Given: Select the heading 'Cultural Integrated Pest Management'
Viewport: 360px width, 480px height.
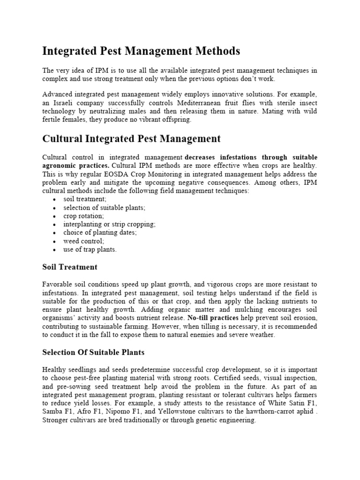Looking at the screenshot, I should (131, 139).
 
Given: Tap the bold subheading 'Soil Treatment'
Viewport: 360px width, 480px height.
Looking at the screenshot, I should (70, 267).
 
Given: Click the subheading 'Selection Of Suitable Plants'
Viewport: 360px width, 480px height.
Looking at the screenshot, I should (93, 352).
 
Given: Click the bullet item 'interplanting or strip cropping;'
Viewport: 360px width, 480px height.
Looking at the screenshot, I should (109, 225).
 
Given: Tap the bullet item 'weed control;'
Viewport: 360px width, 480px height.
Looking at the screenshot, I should (84, 241).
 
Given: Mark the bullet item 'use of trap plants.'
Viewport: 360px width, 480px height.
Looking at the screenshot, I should (90, 250).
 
